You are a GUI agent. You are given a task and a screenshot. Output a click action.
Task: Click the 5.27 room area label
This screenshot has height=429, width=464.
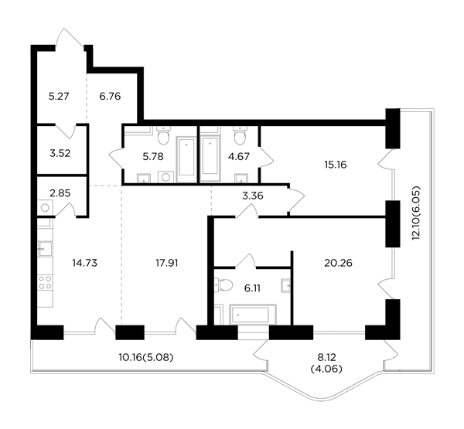coord(59,96)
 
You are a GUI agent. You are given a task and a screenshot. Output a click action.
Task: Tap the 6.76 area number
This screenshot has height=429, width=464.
coord(110,96)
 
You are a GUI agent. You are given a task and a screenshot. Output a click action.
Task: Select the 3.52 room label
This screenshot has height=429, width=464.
coord(60,153)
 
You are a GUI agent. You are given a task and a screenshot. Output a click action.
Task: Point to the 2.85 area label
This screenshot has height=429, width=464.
coord(60,193)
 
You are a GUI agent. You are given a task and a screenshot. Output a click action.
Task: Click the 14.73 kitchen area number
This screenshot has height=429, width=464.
coord(84,263)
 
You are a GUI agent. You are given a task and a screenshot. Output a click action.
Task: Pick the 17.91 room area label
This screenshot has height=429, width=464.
coord(167,263)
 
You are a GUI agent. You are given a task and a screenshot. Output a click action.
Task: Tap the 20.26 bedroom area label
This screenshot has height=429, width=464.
coord(338,263)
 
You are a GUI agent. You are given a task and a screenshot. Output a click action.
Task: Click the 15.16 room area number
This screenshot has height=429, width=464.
coord(336,165)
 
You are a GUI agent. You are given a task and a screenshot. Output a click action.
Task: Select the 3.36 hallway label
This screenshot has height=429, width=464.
coord(253,196)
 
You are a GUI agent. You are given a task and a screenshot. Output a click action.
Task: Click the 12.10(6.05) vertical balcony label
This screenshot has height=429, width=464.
coord(416,213)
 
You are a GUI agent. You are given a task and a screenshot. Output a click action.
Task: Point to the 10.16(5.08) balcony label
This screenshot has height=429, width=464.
coord(146,357)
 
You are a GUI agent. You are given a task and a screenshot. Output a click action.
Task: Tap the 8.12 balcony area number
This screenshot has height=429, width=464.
coord(326,357)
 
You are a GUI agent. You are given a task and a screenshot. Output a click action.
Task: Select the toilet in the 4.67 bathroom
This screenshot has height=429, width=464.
coord(240,135)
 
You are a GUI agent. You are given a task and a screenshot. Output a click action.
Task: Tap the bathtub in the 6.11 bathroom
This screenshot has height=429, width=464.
coord(253,315)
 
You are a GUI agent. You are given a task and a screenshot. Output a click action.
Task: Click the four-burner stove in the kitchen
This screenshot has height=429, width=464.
coord(45,282)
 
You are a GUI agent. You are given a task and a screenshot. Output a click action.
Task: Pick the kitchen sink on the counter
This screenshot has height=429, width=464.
coord(45,249)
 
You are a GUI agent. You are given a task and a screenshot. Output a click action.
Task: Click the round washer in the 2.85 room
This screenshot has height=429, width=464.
coord(45,208)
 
